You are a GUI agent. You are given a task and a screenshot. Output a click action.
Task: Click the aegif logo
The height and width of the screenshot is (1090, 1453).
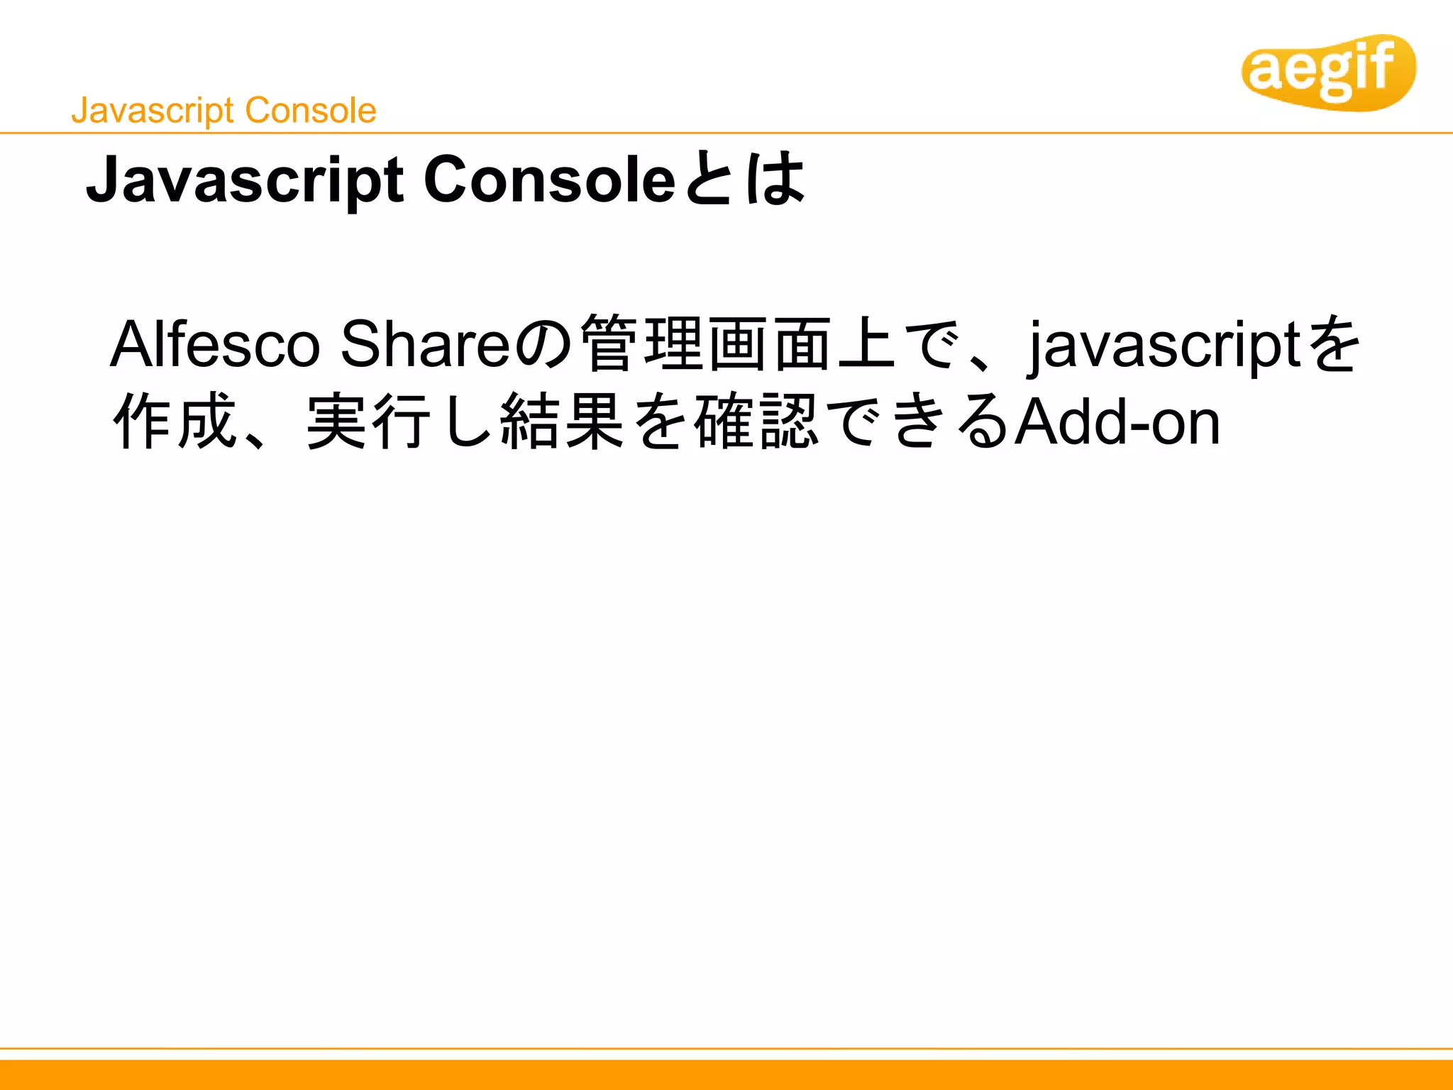[1328, 72]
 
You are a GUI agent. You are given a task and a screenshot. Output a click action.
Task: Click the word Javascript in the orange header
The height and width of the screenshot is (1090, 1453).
[153, 111]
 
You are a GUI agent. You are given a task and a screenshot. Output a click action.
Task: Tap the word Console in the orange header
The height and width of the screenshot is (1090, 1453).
[311, 111]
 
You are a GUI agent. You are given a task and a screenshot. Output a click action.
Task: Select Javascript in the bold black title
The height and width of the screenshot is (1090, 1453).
[244, 181]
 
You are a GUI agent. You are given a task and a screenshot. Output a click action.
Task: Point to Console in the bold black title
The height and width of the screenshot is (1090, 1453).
[549, 180]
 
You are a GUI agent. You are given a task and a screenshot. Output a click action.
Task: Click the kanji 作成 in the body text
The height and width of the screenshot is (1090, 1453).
[175, 422]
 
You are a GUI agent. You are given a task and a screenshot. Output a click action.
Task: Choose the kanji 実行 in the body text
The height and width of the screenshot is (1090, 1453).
[368, 422]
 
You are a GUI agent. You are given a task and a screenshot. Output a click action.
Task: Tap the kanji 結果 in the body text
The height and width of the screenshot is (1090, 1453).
[562, 422]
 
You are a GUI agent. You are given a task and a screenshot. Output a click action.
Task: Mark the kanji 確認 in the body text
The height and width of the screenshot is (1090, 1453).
[756, 422]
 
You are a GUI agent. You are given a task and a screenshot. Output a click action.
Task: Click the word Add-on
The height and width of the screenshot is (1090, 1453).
[1117, 422]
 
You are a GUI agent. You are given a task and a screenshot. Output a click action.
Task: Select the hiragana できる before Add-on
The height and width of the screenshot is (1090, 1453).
[918, 422]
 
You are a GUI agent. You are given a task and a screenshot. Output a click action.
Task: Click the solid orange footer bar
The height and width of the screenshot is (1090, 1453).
[726, 1074]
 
